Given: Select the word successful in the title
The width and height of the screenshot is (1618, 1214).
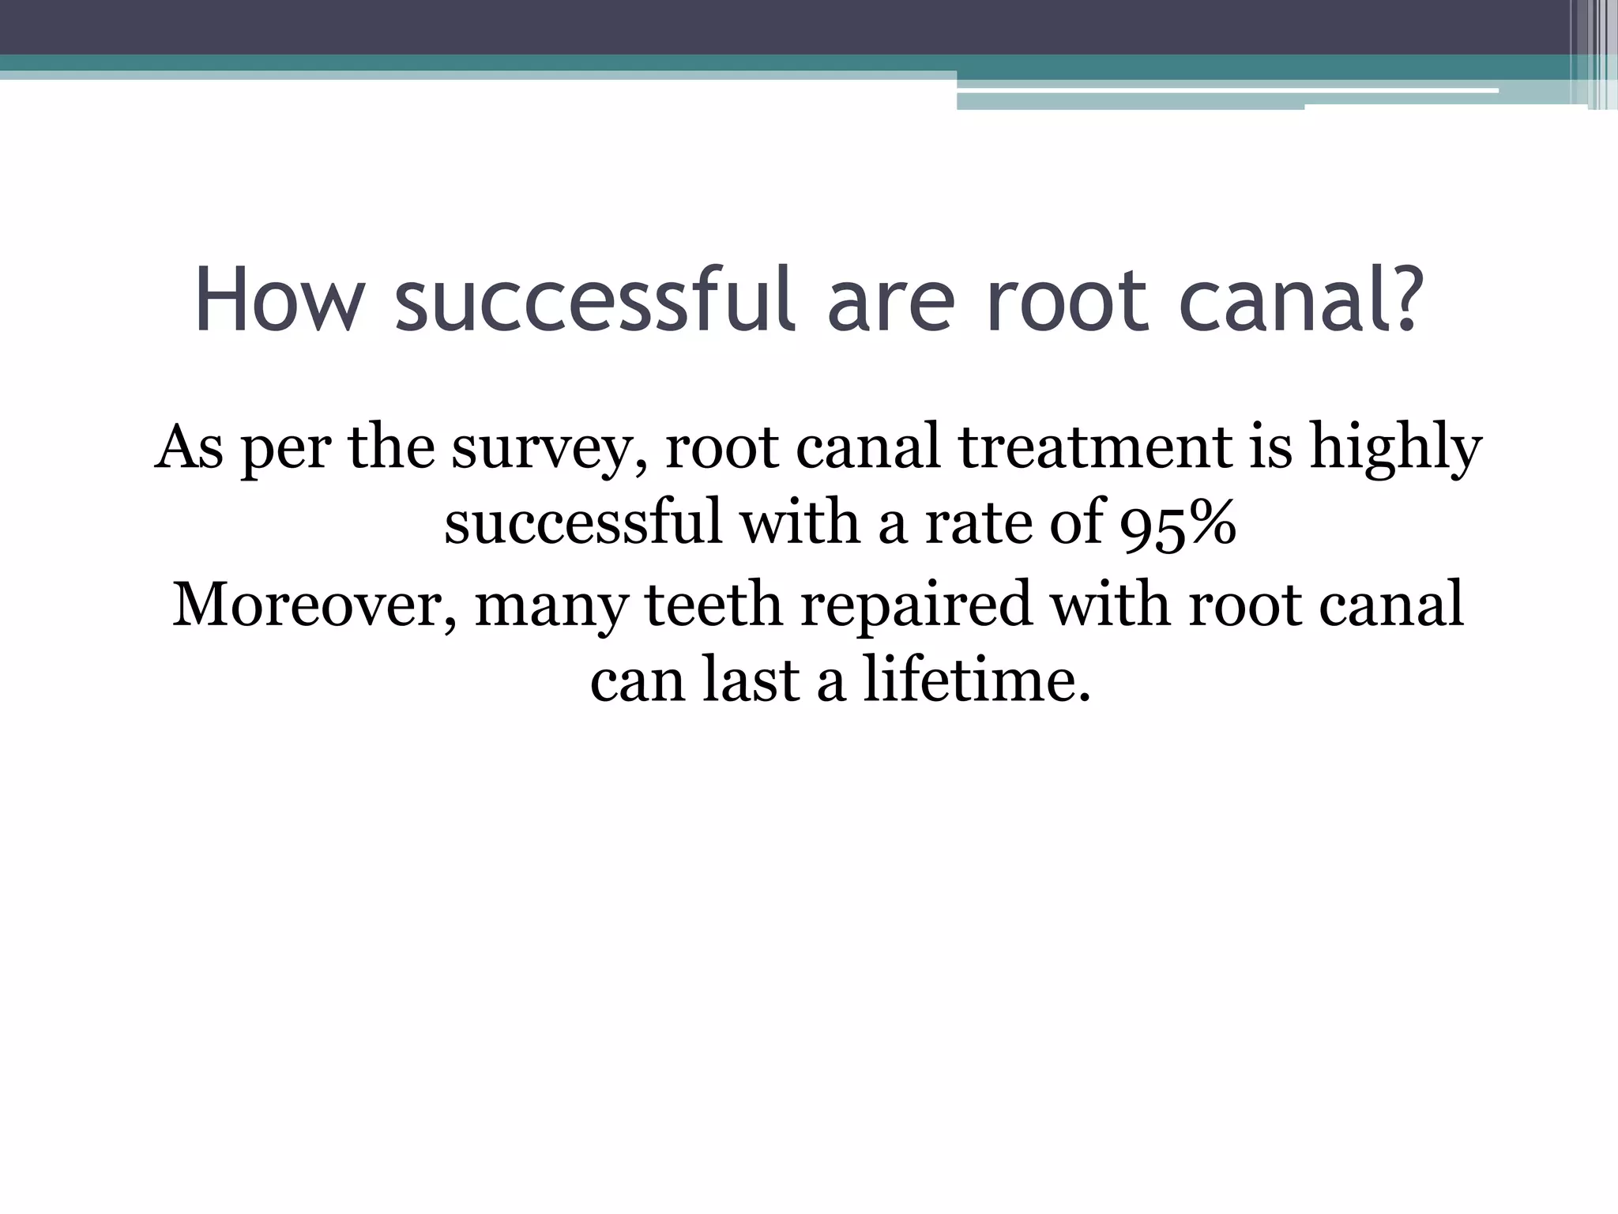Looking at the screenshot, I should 593,301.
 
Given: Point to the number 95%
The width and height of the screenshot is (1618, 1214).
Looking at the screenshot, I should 1178,524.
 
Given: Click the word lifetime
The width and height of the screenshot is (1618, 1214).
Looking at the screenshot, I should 976,681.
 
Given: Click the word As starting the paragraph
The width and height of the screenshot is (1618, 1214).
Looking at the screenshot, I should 189,447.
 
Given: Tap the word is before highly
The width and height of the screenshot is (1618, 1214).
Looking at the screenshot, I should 1270,447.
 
